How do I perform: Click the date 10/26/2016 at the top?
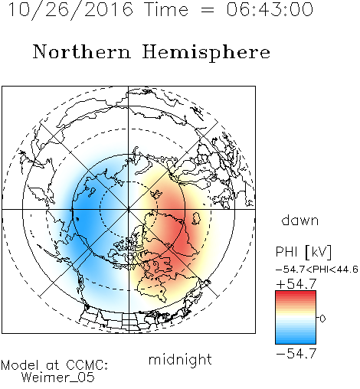[x=70, y=10]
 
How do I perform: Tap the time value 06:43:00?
[x=270, y=9]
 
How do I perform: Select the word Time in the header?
[x=166, y=9]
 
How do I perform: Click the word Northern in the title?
[x=82, y=51]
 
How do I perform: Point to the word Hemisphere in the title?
[x=206, y=53]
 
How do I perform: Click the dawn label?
[x=300, y=220]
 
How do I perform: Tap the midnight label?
[x=180, y=359]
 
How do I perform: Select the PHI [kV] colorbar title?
[x=303, y=252]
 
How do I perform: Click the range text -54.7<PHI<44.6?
[x=317, y=270]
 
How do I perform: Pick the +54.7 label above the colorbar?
[x=296, y=284]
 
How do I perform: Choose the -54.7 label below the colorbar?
[x=296, y=354]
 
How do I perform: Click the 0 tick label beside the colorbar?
[x=322, y=319]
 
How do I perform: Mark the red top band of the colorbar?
[x=296, y=293]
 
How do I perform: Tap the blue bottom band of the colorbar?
[x=296, y=342]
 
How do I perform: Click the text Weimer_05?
[x=58, y=378]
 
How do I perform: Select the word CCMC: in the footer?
[x=87, y=365]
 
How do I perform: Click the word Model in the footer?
[x=20, y=365]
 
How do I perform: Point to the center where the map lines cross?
[x=129, y=209]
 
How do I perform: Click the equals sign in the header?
[x=208, y=10]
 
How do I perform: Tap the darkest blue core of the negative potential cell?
[x=86, y=214]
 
